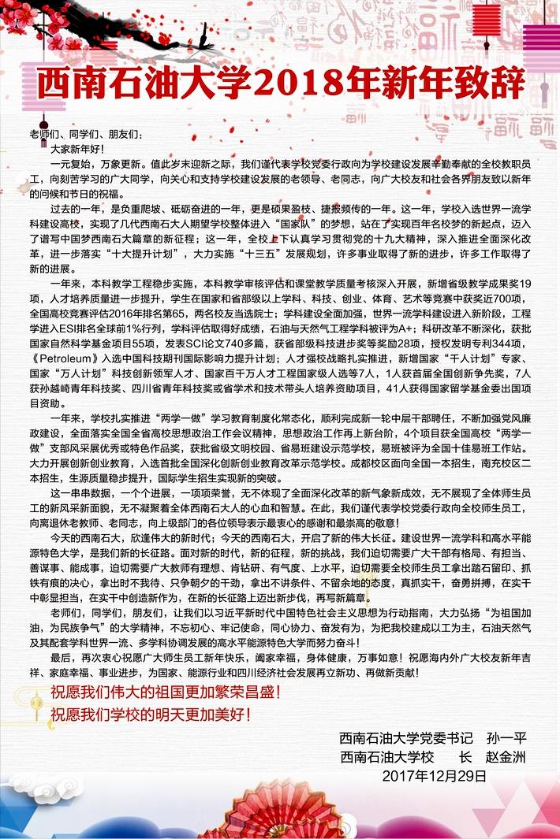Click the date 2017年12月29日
pyautogui.click(x=435, y=774)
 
